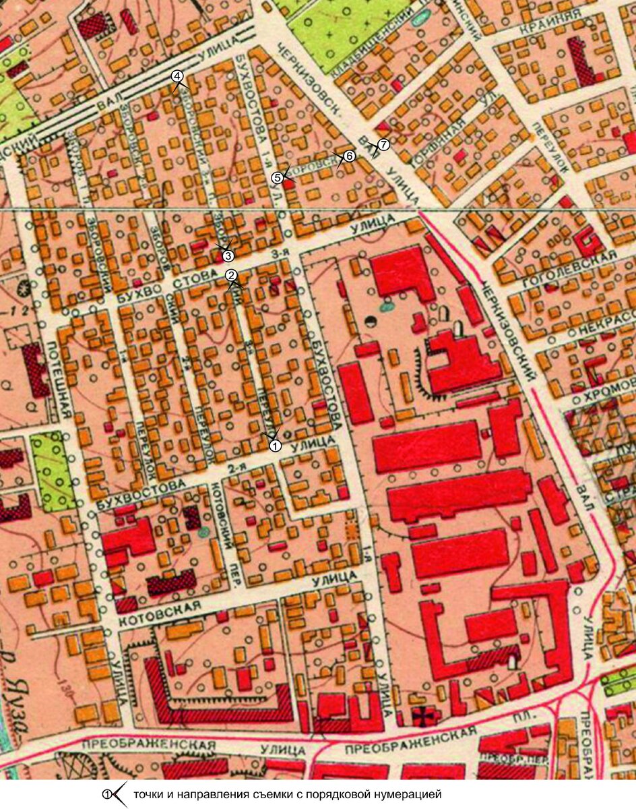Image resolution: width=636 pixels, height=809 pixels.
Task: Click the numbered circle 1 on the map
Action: coord(274,446)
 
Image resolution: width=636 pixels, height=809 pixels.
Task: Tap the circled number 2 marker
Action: coord(230,275)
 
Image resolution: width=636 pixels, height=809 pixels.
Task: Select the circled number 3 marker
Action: coord(228,256)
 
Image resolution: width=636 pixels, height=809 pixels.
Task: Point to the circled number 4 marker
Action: coord(177,76)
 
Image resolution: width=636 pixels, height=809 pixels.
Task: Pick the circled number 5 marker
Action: coord(277,177)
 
